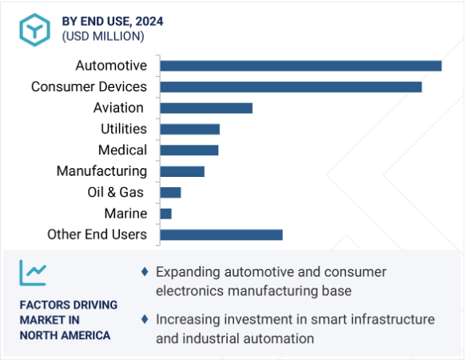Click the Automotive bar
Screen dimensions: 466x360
(301, 66)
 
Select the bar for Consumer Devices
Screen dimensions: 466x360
(291, 87)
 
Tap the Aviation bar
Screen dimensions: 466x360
(206, 108)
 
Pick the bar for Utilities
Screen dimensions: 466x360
(190, 129)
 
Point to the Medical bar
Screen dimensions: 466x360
(189, 150)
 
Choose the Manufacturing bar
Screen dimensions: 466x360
(182, 171)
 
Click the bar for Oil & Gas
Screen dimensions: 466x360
(170, 193)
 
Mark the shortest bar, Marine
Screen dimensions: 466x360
(165, 214)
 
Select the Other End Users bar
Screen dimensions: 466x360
(221, 234)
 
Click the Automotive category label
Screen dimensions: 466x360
(111, 66)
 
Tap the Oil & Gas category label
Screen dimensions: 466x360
(116, 192)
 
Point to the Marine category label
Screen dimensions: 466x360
(125, 214)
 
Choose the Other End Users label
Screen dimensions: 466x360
(98, 234)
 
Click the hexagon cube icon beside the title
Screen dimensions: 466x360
(35, 30)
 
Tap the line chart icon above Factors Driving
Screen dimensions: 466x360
(33, 273)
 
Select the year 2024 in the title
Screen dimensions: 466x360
(149, 22)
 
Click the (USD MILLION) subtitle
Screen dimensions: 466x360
(103, 36)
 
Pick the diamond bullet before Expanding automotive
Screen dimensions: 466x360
(145, 272)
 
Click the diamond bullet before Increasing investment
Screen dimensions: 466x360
(145, 319)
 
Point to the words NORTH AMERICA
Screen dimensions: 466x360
(65, 335)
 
